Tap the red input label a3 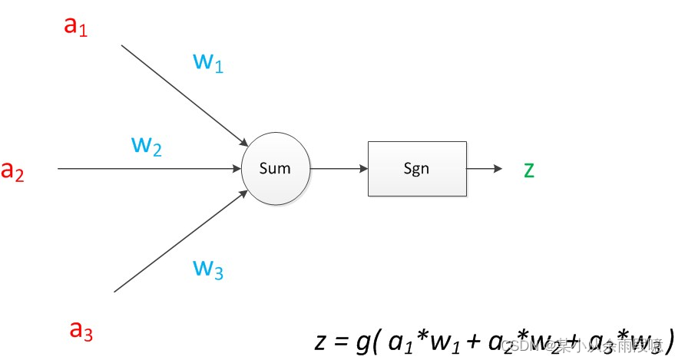[81, 331]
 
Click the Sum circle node [275, 168]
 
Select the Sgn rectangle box [416, 168]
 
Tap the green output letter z [528, 170]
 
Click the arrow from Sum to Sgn [339, 168]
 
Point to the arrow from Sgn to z [484, 168]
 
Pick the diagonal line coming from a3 [180, 241]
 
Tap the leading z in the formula [321, 339]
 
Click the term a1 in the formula [401, 339]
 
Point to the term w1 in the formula [440, 339]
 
